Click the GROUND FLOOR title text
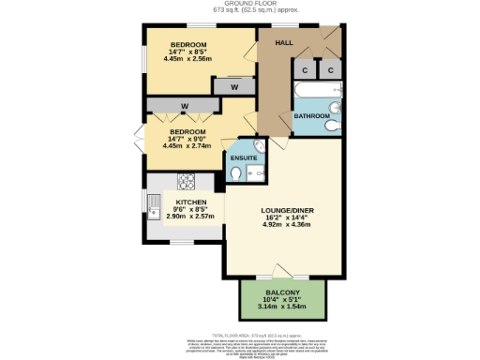pyautogui.click(x=239, y=5)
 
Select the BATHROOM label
pyautogui.click(x=311, y=116)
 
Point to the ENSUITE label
pyautogui.click(x=246, y=158)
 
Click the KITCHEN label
pyautogui.click(x=191, y=202)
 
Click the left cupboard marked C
pyautogui.click(x=306, y=70)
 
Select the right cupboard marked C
pyautogui.click(x=331, y=70)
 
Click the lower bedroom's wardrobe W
pyautogui.click(x=186, y=105)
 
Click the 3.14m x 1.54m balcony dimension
pyautogui.click(x=283, y=307)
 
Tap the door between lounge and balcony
pyautogui.click(x=283, y=272)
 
